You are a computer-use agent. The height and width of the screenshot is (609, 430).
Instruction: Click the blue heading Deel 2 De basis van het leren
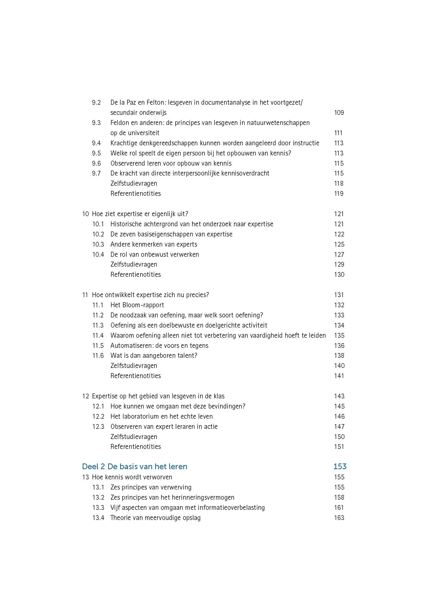pyautogui.click(x=134, y=467)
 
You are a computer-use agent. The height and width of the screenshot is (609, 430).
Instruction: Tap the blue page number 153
pyautogui.click(x=340, y=467)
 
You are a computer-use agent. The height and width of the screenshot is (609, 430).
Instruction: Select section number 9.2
pyautogui.click(x=96, y=103)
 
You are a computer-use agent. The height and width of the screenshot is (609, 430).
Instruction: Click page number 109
pyautogui.click(x=339, y=113)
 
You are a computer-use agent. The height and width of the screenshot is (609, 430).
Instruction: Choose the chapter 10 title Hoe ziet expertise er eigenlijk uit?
pyautogui.click(x=140, y=214)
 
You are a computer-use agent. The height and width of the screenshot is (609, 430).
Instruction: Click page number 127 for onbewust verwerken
pyautogui.click(x=339, y=254)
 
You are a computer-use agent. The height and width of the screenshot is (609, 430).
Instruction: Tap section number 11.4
pyautogui.click(x=98, y=336)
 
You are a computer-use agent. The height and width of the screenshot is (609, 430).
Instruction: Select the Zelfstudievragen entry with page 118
pyautogui.click(x=134, y=184)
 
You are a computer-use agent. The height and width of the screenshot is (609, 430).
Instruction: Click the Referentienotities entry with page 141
pyautogui.click(x=135, y=376)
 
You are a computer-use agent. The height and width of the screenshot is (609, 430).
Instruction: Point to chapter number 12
pyautogui.click(x=85, y=396)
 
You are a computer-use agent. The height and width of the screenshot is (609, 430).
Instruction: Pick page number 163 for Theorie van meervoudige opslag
pyautogui.click(x=339, y=518)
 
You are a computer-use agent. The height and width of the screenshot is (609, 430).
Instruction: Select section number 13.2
pyautogui.click(x=98, y=498)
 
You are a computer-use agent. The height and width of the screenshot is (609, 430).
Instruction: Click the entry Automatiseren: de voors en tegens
pyautogui.click(x=159, y=346)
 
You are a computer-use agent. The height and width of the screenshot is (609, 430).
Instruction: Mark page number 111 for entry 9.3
pyautogui.click(x=338, y=133)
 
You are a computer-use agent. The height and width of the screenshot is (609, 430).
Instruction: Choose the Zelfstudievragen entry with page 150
pyautogui.click(x=134, y=437)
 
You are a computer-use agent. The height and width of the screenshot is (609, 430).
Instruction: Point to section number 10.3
pyautogui.click(x=98, y=244)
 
